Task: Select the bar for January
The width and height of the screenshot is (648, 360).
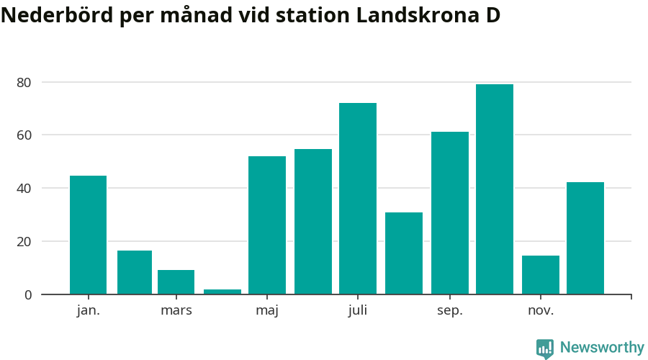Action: point(88,235)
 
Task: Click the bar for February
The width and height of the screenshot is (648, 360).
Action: point(135,272)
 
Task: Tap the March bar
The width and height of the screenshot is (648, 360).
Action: point(176,282)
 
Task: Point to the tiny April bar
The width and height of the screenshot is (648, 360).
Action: point(222,292)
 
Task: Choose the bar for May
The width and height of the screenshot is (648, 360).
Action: point(267,225)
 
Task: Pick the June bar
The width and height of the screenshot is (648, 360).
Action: point(313,221)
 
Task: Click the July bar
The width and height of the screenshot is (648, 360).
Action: point(358,198)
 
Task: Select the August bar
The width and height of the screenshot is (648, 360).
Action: point(404,253)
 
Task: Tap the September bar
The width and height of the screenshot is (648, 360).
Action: point(450,212)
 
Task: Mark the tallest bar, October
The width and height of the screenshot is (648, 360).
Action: point(495,189)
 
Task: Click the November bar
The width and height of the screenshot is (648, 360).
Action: point(541,274)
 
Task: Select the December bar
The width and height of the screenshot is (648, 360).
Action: point(585,238)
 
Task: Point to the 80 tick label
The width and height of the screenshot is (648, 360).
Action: point(24,82)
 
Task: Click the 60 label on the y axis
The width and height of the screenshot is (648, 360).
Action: point(24,135)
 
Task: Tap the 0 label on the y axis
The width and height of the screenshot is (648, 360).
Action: point(28,294)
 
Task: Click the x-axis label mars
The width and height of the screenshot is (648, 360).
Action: point(176,311)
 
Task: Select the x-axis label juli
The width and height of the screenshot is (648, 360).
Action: point(358,311)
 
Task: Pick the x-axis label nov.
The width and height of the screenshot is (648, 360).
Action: point(541,311)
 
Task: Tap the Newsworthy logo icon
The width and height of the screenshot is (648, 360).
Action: point(545,348)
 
